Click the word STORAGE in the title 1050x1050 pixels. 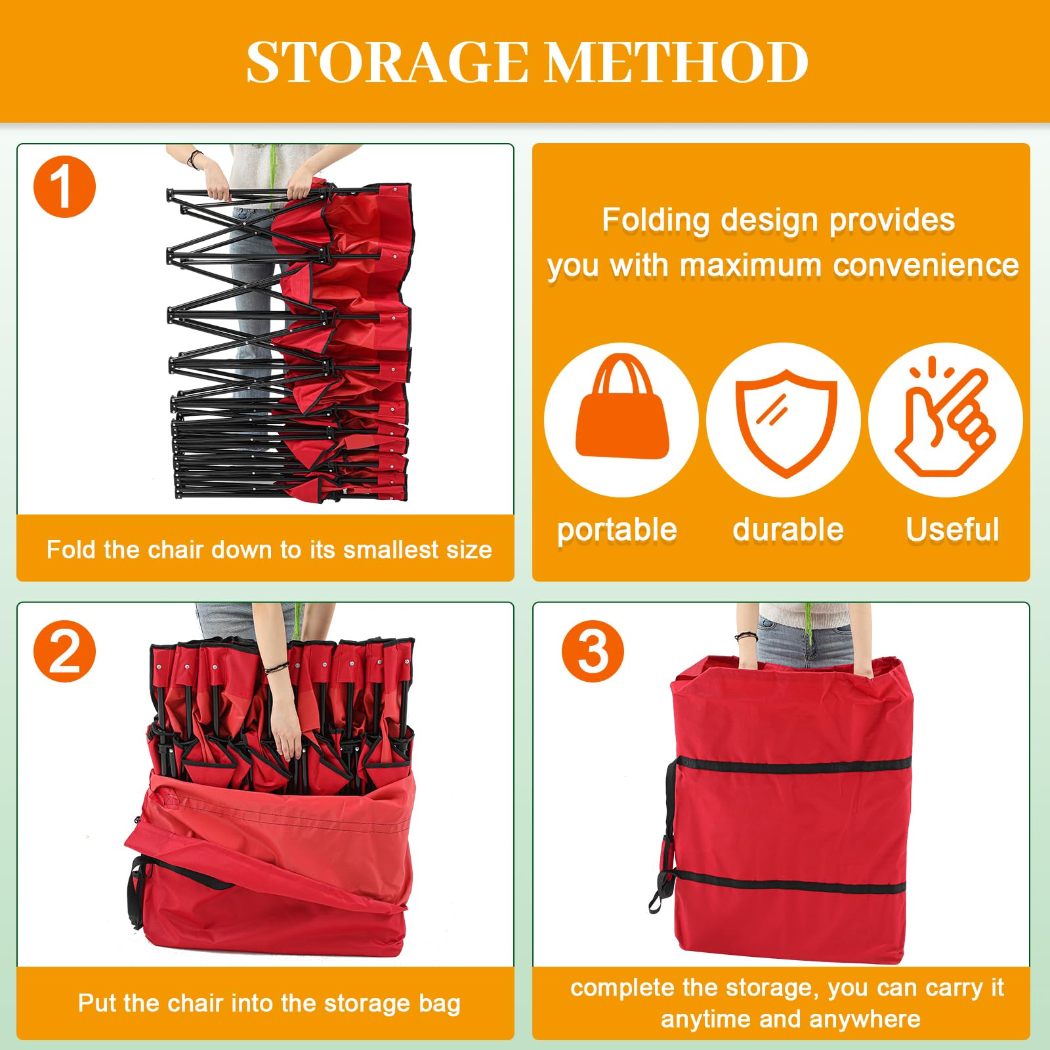(x=387, y=62)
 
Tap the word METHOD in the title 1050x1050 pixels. (x=677, y=62)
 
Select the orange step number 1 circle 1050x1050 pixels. (x=64, y=186)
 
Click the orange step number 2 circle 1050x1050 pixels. (x=64, y=651)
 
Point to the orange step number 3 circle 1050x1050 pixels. (x=593, y=651)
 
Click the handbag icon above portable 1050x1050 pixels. (x=622, y=407)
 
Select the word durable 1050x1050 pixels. (x=788, y=529)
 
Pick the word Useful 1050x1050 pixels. (x=952, y=529)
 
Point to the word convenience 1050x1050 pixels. (x=926, y=266)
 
